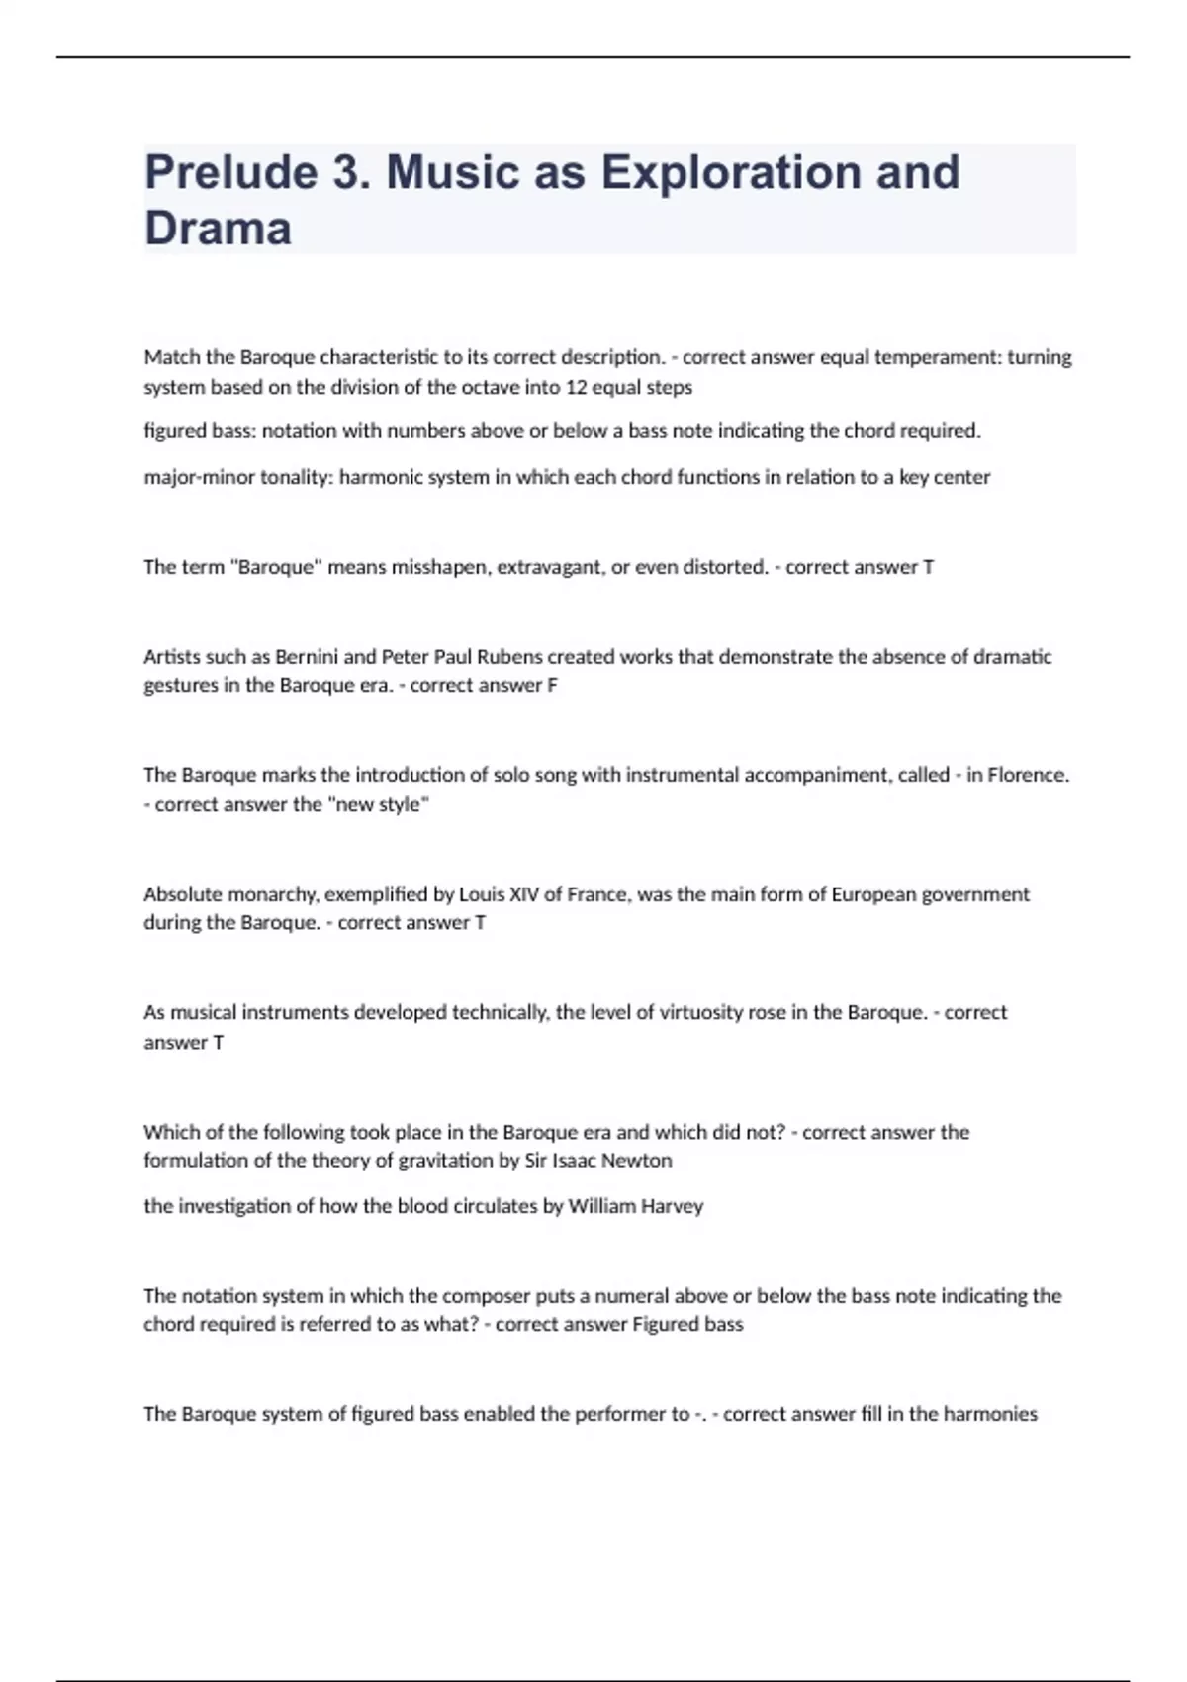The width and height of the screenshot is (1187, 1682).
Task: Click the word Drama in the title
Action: (x=218, y=229)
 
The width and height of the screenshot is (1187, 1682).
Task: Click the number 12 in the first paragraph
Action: (x=576, y=387)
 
